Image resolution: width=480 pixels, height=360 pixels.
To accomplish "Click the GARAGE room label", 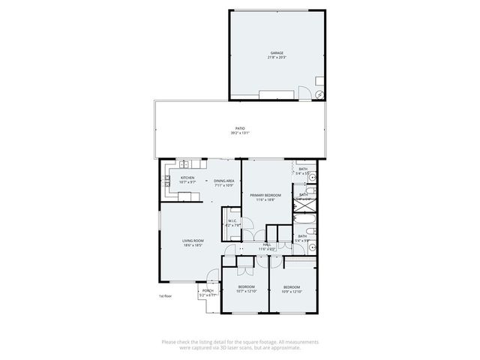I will click(277, 53).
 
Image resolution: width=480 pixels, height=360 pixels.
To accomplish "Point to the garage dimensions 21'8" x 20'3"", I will click(277, 58).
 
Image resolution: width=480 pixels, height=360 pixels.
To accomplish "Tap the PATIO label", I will click(240, 128).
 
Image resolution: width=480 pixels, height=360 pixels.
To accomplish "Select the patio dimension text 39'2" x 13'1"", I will click(240, 133).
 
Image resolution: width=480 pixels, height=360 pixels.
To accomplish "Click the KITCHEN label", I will click(187, 178).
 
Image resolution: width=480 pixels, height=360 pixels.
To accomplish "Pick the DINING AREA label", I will click(224, 181).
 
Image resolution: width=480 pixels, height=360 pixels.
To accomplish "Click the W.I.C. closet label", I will click(232, 220).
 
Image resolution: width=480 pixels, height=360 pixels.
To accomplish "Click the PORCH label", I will click(208, 291).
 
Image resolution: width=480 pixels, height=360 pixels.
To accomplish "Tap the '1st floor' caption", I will click(166, 296).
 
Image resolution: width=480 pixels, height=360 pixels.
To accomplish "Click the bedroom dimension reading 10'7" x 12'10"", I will click(247, 291).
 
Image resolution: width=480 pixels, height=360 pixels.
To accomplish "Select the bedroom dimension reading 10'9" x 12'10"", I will click(291, 291).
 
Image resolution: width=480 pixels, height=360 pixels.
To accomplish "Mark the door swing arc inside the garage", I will click(305, 93).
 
